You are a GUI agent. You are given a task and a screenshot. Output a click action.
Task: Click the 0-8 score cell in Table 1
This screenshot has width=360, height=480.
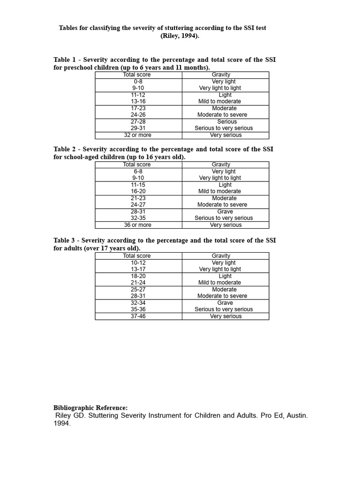[x=138, y=82]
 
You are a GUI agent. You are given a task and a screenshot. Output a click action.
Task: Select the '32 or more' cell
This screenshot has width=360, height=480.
[x=138, y=135]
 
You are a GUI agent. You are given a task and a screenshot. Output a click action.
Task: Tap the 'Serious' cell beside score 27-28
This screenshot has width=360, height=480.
[x=227, y=121]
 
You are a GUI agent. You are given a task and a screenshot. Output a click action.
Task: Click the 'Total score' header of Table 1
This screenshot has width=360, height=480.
[x=137, y=75]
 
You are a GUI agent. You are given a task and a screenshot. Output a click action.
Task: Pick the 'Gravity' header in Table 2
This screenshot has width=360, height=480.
[x=221, y=165]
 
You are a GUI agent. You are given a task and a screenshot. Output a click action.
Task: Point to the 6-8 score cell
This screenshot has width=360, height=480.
[x=138, y=172]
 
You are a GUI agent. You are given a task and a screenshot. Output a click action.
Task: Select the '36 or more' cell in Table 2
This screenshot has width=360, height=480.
[x=138, y=225]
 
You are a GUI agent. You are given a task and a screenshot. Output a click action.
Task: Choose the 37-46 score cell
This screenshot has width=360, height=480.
[x=138, y=316]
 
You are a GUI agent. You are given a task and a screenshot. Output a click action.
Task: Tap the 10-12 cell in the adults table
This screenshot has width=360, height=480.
[x=138, y=263]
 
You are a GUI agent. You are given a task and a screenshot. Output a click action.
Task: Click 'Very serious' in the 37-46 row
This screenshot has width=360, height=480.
[x=226, y=316]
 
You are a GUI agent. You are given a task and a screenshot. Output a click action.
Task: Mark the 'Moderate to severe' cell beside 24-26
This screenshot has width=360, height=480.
[x=222, y=115]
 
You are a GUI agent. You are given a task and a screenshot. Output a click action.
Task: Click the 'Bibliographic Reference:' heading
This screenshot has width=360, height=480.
[x=90, y=408]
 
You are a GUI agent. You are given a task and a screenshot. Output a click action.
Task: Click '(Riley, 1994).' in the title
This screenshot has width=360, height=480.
[x=180, y=36]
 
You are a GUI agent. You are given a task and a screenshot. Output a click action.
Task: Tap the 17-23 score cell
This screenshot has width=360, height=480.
[x=138, y=108]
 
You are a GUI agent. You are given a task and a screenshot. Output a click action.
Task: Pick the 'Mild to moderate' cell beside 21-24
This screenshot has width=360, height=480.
[x=219, y=283]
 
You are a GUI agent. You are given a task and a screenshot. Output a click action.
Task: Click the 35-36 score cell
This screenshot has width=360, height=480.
[x=138, y=309]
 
